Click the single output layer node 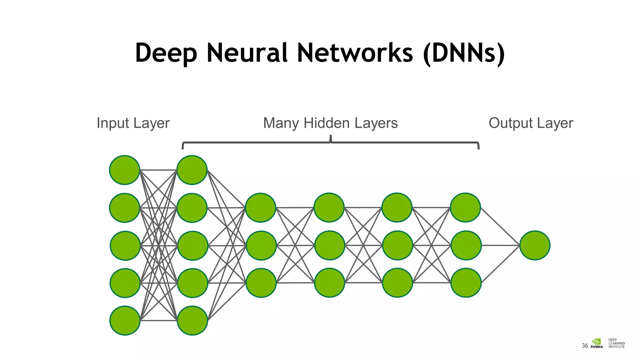pos(535,245)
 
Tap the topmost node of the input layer pos(124,170)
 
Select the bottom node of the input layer pos(125,321)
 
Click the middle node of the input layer pos(125,246)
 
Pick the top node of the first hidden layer pos(192,170)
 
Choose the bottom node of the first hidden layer pos(192,321)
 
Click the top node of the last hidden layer pos(465,207)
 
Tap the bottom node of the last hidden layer pos(466,283)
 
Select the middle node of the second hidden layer pos(261,246)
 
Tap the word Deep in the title pos(166,53)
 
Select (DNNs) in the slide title pos(464,53)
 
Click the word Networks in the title pos(355,53)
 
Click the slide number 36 pos(585,346)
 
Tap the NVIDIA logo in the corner pos(597,343)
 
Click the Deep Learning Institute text pos(616,343)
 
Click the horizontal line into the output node pos(500,245)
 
